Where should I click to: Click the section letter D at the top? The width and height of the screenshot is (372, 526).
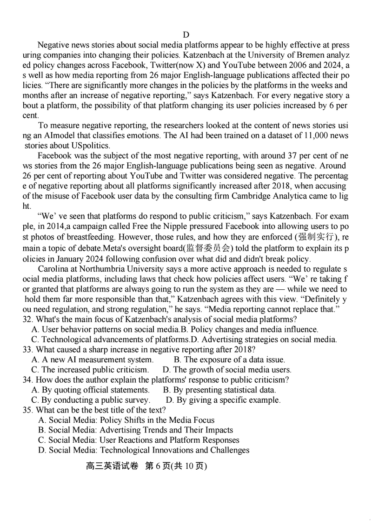pyautogui.click(x=186, y=34)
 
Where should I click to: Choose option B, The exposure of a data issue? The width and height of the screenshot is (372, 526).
pyautogui.click(x=229, y=360)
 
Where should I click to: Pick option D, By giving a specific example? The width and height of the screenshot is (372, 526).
pyautogui.click(x=223, y=400)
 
